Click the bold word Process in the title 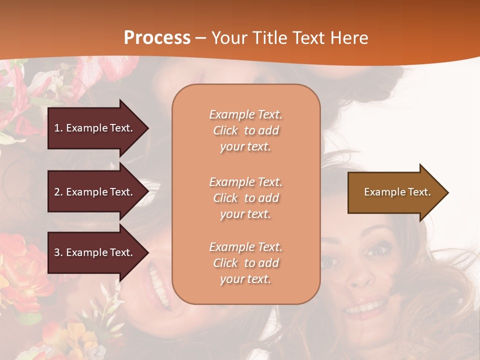[x=157, y=38]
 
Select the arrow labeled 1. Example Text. [x=95, y=128]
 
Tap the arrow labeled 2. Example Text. [x=95, y=192]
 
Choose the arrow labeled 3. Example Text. [x=95, y=252]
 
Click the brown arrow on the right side [x=395, y=192]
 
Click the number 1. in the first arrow [x=58, y=128]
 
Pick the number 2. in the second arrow [x=58, y=192]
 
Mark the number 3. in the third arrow [x=58, y=252]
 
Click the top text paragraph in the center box [x=245, y=130]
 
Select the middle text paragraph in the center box [x=245, y=198]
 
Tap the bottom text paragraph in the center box [x=245, y=263]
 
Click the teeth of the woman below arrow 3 [x=159, y=285]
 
